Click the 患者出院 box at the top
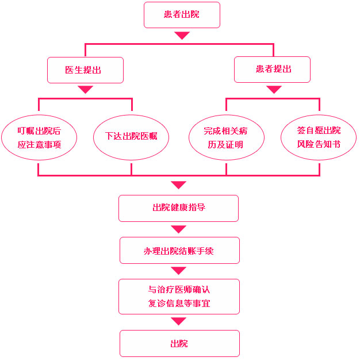coord(182,15)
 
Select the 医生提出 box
coord(85,70)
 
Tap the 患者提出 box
coord(273,70)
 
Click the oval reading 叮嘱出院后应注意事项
coord(39,138)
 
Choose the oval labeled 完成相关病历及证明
coord(226,138)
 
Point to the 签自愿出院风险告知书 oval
coord(319,138)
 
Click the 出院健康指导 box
coord(178,208)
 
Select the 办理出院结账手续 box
coord(179,251)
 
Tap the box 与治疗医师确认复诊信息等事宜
coord(179,297)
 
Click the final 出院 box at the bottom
coord(179,344)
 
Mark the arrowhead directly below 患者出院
coord(182,36)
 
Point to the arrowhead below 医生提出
coord(85,90)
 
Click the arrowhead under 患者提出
coord(274,90)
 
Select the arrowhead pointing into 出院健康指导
coord(178,185)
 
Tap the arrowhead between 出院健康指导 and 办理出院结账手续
coord(179,229)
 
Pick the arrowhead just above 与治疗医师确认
coord(179,271)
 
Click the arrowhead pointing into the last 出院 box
coord(179,321)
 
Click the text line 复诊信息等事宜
coord(179,303)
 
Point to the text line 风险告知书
coord(319,144)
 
